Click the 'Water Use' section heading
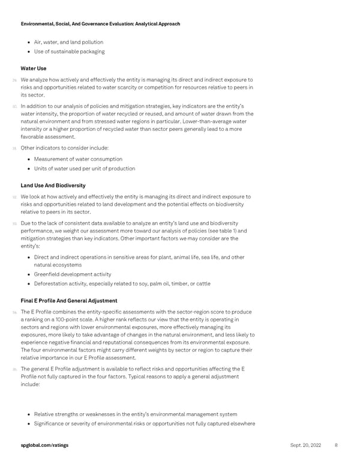coord(33,68)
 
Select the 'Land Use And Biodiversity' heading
coord(53,186)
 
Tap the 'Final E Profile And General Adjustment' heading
coord(68,300)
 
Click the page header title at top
coord(100,24)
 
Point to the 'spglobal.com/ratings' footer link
coord(44,445)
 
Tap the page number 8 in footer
coord(336,445)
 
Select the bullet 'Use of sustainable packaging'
coord(69,52)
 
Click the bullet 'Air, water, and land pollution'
coord(68,42)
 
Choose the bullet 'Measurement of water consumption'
coord(78,159)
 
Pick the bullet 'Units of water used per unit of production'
coord(85,169)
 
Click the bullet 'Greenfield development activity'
coord(73,274)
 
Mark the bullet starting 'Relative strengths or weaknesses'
coord(136,414)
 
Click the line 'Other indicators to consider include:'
coord(65,148)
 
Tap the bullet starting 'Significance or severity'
coord(145,424)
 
